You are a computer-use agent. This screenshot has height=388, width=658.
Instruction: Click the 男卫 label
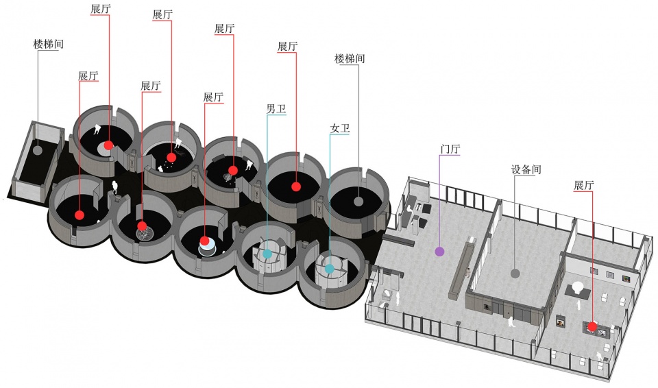coord(276,109)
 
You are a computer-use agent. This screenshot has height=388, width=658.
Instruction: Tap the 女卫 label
coord(340,128)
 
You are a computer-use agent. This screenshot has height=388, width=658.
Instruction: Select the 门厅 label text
coord(450,149)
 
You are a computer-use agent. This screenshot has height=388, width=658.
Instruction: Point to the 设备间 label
coord(526,169)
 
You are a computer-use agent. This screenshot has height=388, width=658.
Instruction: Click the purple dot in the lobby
coord(439,252)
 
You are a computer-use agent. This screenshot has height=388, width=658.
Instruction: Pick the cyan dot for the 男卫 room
coord(267,254)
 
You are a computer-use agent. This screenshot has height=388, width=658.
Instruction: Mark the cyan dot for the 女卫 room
coord(330,268)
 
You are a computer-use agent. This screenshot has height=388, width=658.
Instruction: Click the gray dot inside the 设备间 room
coord(515,274)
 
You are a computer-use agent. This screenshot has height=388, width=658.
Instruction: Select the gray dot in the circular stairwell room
coord(358,201)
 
